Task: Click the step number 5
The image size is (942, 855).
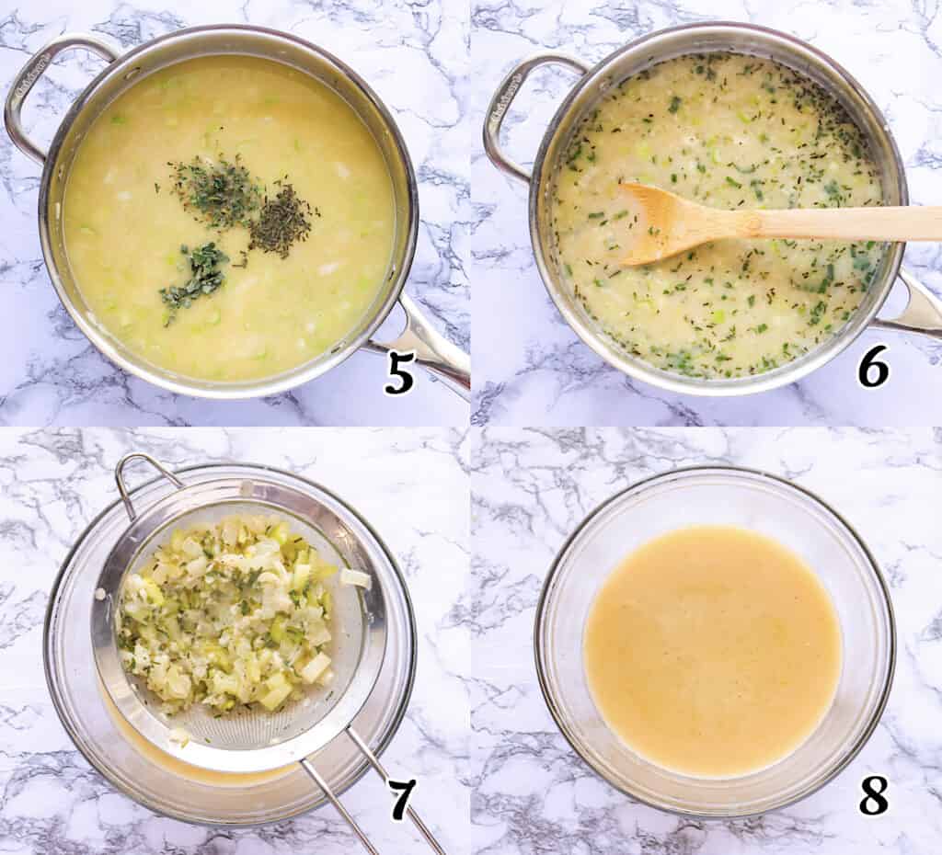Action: pos(399,371)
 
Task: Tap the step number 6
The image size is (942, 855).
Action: pos(872,368)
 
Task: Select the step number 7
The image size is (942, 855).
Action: pos(401,798)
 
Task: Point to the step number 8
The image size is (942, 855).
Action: pos(873,794)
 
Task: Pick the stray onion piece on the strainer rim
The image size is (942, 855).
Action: pos(355,578)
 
